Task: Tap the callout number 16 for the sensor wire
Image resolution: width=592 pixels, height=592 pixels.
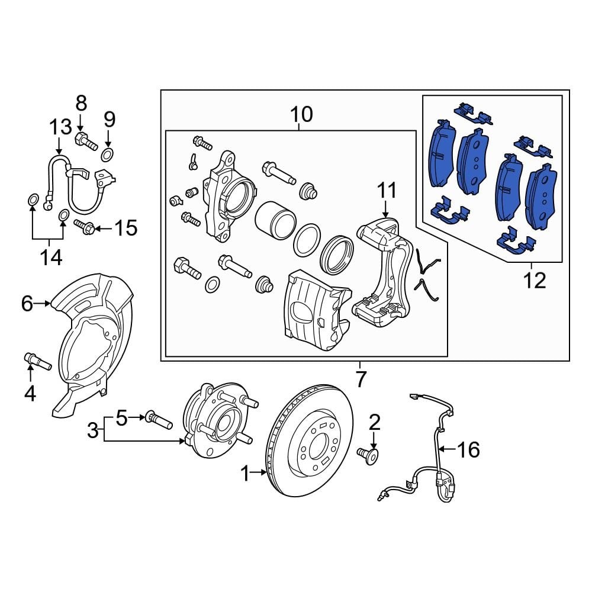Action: [x=468, y=451]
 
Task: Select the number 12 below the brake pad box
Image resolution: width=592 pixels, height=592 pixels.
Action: [x=535, y=280]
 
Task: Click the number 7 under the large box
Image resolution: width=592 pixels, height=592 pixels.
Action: [x=361, y=377]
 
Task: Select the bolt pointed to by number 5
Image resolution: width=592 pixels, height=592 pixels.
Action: [x=159, y=420]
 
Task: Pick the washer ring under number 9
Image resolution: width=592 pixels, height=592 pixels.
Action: [x=108, y=156]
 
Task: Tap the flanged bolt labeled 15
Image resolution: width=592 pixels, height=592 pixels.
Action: [x=86, y=227]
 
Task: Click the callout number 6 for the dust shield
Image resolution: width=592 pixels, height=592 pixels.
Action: [x=27, y=304]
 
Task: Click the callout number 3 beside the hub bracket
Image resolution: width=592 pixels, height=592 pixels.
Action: [x=93, y=430]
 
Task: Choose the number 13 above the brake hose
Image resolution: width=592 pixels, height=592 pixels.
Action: [x=60, y=127]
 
